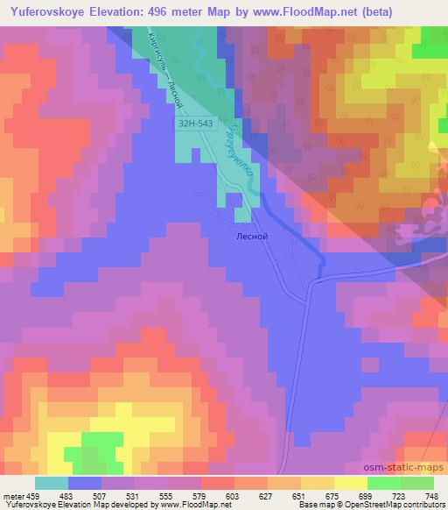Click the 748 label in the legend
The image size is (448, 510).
432,496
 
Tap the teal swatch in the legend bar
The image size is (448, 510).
51,483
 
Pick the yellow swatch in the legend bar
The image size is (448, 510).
350,483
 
